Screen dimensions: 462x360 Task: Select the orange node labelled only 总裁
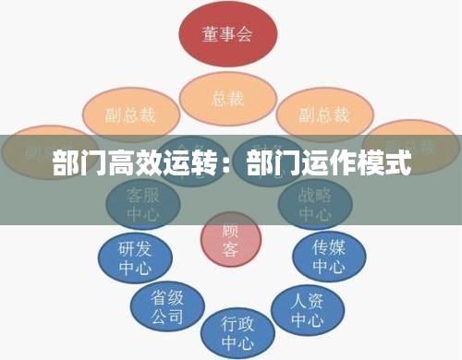click(x=227, y=96)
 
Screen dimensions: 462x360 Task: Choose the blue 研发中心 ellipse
click(x=135, y=258)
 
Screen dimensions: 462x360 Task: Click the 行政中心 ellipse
click(x=237, y=332)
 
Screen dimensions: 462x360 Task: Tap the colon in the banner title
click(x=231, y=168)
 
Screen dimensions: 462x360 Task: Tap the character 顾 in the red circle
click(x=230, y=230)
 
